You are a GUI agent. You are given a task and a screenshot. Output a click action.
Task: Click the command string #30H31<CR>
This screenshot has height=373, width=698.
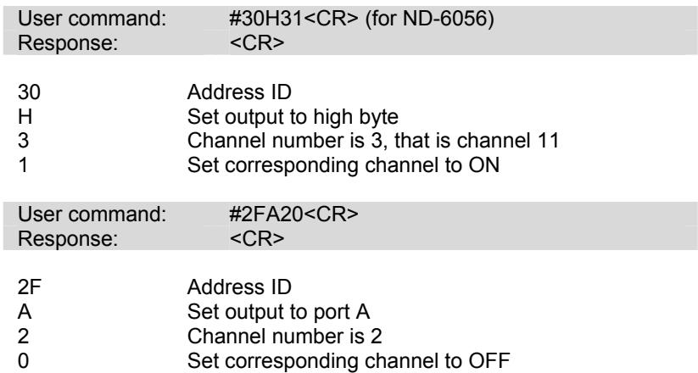293,19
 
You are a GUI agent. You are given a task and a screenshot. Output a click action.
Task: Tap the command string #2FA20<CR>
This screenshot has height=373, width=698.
293,214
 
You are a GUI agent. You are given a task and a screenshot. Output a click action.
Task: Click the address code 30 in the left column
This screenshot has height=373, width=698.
29,92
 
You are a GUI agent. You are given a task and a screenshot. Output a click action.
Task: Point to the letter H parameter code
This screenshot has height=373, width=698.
25,117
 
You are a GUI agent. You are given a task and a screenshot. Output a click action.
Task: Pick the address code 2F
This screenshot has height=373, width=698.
30,287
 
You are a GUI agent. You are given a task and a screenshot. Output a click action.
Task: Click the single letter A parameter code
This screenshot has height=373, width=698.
25,312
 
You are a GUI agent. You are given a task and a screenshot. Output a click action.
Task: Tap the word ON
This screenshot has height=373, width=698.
484,165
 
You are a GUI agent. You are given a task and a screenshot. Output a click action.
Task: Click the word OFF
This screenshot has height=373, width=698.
489,360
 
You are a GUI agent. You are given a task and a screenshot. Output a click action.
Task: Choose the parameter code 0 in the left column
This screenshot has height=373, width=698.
23,360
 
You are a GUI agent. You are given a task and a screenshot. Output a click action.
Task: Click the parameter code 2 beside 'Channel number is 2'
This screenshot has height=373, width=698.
23,336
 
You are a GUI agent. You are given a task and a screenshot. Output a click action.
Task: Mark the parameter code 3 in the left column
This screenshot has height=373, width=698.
23,141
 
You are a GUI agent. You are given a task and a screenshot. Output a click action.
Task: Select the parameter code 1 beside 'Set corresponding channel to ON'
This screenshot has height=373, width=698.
23,165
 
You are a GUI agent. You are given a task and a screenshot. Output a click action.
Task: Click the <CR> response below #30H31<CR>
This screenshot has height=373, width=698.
257,43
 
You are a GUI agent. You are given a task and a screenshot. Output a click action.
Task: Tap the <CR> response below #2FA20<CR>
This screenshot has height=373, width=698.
257,238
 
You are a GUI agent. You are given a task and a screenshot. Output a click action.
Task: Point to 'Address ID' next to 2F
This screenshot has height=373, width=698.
239,287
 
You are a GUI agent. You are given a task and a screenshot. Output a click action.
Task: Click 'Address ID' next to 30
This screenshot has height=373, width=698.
239,92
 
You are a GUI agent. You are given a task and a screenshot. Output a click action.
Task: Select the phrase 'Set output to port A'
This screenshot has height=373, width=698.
279,312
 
